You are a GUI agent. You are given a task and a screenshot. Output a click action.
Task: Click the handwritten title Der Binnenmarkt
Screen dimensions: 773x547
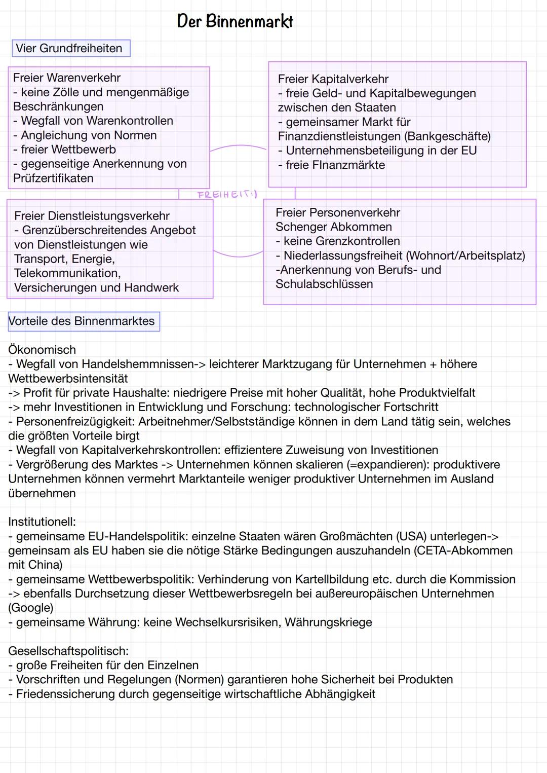pos(235,21)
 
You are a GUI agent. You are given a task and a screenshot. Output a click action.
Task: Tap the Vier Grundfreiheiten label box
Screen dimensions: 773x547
pos(70,49)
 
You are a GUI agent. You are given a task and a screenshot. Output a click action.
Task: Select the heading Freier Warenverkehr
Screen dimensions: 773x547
pos(67,78)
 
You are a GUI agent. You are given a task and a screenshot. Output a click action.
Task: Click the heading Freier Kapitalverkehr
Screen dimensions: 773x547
pos(333,79)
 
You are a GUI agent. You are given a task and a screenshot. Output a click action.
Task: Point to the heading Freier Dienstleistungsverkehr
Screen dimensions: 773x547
pos(92,216)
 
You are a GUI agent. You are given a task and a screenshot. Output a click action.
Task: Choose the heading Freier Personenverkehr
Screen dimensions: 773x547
pos(337,213)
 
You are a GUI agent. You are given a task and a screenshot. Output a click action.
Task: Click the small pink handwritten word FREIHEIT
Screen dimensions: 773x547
pos(227,195)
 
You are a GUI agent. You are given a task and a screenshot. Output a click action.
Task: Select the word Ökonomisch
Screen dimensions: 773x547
pos(42,350)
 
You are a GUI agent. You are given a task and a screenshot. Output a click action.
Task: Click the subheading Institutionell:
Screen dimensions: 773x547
pos(42,522)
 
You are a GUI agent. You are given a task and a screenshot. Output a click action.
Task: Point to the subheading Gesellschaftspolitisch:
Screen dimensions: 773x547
pos(68,651)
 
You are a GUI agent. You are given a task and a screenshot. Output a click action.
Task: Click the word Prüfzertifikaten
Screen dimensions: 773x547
pos(53,178)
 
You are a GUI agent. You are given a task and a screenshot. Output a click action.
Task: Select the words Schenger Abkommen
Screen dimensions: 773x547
pos(333,227)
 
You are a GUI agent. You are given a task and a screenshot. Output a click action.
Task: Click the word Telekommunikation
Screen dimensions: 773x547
pos(67,273)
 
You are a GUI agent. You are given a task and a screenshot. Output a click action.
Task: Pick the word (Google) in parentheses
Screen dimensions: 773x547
pos(31,608)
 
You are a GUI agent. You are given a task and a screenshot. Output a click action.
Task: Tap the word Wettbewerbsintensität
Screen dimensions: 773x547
pos(68,379)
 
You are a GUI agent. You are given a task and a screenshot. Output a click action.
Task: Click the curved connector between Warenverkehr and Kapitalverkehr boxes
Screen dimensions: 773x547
pos(238,146)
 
